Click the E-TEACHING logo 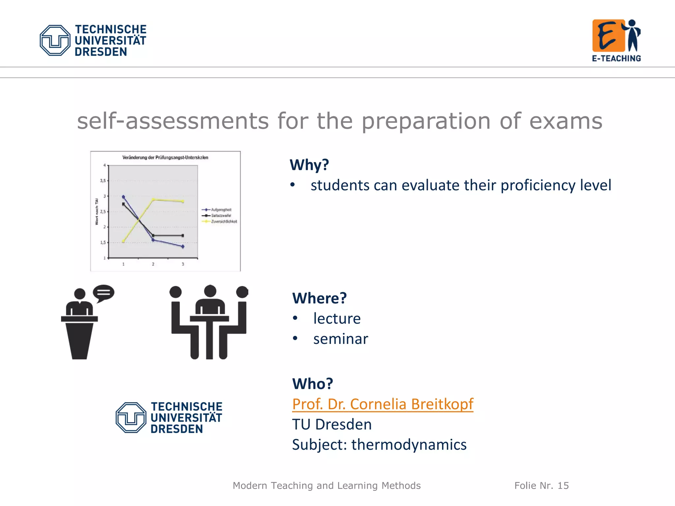coord(616,40)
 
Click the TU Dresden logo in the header coord(93,40)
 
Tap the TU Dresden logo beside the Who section coord(169,417)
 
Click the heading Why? coord(309,164)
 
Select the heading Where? coord(319,298)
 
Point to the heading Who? coord(312,383)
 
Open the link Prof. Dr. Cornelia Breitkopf coord(382,404)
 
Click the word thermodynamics coord(409,444)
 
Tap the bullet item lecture coord(337,318)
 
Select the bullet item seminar coord(340,339)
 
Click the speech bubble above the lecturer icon coord(103,293)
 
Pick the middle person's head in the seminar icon coord(210,291)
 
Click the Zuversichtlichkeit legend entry coord(223,221)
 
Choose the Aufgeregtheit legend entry coord(221,210)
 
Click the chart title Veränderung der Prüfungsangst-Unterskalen coord(165,157)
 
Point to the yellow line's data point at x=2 coord(153,199)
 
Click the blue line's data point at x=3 coord(183,246)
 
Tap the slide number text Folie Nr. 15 coord(541,486)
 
